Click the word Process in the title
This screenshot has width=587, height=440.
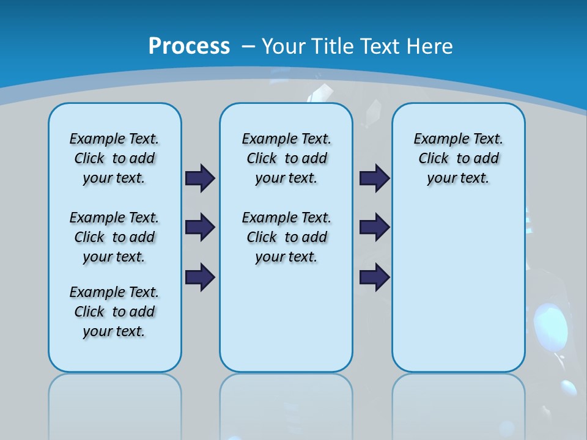tap(189, 46)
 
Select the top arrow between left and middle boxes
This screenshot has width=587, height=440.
tap(200, 178)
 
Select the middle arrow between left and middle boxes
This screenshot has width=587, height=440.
tap(200, 227)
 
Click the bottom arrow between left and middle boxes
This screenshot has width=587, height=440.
tap(200, 277)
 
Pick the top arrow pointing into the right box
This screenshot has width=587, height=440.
tap(374, 178)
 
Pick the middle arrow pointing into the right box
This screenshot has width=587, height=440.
tap(374, 227)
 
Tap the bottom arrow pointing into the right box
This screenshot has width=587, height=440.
tap(374, 277)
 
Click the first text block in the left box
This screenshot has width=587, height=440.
tap(114, 158)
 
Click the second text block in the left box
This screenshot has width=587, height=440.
tap(114, 237)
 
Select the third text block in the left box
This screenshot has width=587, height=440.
tap(114, 312)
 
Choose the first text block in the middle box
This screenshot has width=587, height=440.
tap(286, 158)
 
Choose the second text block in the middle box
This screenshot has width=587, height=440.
tap(286, 237)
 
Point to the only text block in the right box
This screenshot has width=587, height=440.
tap(458, 158)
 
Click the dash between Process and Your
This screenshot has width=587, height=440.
tap(248, 46)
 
